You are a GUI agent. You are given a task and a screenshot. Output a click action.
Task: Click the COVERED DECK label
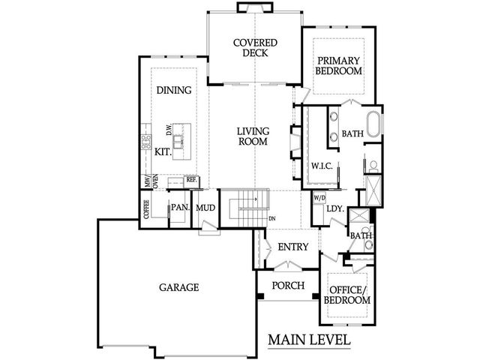254,49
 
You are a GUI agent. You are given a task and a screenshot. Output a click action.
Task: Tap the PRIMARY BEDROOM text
339,65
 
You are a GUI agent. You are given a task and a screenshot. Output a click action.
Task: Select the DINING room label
173,90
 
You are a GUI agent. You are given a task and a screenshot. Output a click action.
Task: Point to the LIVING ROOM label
253,135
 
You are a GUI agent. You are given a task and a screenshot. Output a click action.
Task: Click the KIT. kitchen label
163,151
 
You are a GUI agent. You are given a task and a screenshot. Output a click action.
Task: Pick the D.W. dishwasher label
169,130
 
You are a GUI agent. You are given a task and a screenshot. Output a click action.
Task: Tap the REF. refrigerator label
191,180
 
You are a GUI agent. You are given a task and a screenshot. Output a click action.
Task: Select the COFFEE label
147,208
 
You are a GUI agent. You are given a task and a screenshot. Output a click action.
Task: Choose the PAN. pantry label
178,207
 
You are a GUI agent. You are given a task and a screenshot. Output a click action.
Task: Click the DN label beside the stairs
271,218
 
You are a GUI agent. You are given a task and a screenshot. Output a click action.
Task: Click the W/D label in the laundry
319,197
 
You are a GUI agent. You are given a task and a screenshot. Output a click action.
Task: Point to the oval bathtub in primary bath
373,123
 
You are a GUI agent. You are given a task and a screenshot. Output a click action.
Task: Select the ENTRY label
288,247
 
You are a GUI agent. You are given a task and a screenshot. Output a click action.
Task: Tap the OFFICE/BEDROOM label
347,294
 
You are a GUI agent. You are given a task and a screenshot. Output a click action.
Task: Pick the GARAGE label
178,287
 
